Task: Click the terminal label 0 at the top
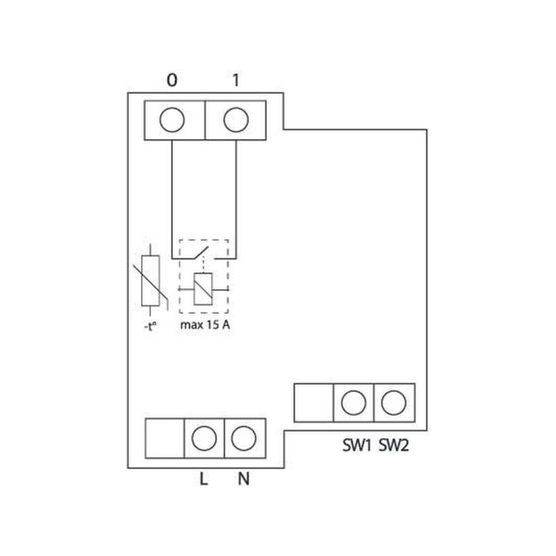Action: pos(172,81)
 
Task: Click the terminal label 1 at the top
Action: pos(236,81)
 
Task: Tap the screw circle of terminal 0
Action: pos(172,120)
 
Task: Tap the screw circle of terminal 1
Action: pos(236,120)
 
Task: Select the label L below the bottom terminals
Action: pos(204,479)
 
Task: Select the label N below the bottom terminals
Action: pos(243,479)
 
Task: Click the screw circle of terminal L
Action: pos(204,438)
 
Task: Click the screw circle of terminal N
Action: pos(243,438)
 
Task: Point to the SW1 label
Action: pos(357,446)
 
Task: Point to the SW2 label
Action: pos(394,446)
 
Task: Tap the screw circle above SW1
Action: pos(354,403)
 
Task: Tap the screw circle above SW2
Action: pos(394,403)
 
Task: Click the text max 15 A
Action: pos(205,325)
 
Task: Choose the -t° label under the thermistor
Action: pos(151,326)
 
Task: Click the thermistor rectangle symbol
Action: pos(151,280)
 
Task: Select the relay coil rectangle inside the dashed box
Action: pos(203,289)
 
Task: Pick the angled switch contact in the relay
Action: pos(200,253)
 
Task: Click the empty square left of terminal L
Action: pos(165,438)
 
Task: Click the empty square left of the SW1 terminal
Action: pos(314,403)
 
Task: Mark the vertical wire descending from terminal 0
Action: pos(172,199)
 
